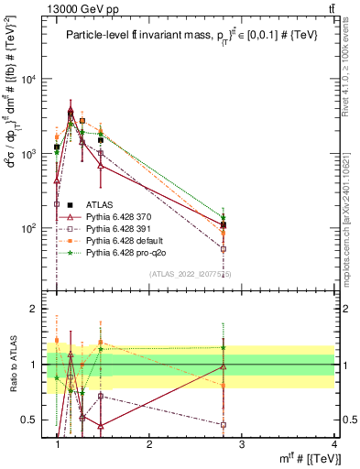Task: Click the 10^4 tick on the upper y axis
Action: (x=30, y=80)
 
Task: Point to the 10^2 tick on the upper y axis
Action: (x=30, y=228)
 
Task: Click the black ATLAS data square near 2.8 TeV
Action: (x=249, y=224)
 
